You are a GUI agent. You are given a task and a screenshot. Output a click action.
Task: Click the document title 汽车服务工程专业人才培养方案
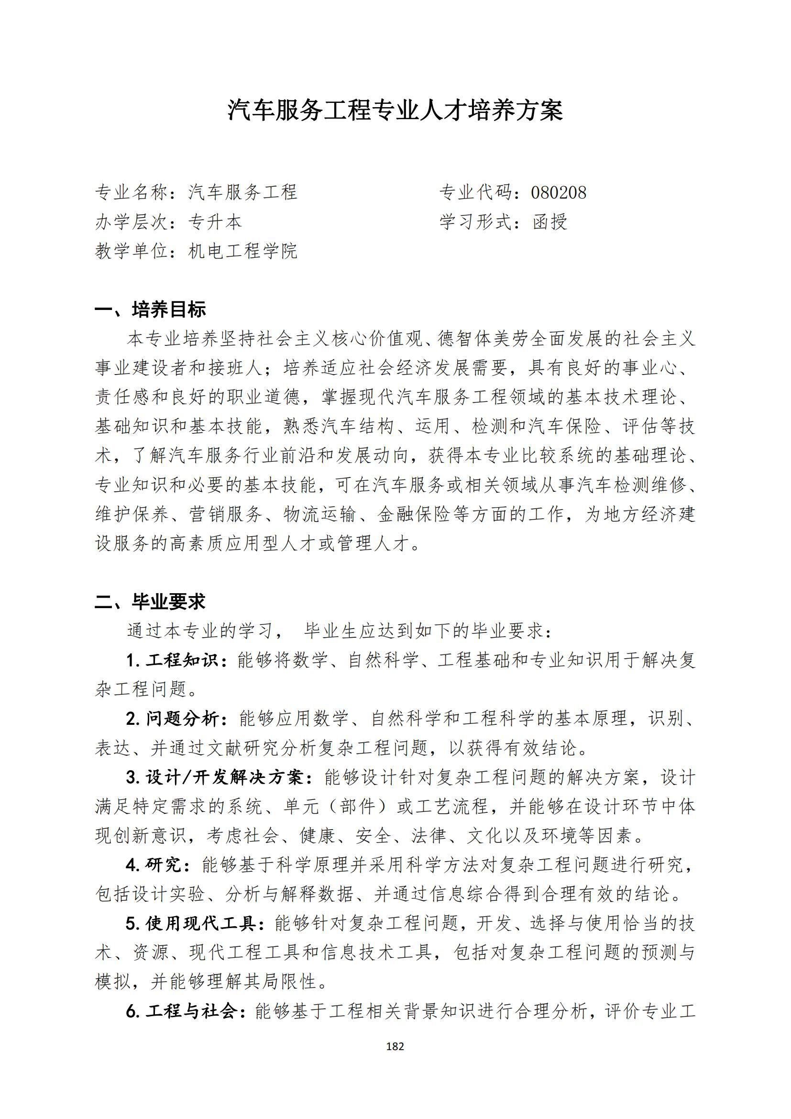click(x=395, y=111)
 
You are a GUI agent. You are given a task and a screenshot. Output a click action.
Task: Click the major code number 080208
click(x=558, y=192)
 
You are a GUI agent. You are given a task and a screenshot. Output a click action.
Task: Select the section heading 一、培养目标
click(x=150, y=310)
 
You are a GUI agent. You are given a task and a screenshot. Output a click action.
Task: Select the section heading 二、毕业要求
click(x=150, y=601)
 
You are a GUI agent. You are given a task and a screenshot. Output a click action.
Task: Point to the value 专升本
click(x=215, y=222)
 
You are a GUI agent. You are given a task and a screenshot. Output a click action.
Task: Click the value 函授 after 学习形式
click(x=550, y=222)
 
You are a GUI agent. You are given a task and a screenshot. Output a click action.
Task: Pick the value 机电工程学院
click(x=242, y=252)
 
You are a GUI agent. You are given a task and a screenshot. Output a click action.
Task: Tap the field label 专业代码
click(x=475, y=192)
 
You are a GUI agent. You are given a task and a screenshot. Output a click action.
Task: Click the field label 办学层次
click(x=132, y=222)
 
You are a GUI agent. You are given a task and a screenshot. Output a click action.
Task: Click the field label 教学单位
click(x=132, y=252)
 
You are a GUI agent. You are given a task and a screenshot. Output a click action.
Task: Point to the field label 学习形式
click(x=475, y=222)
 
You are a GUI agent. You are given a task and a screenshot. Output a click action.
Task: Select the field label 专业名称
click(x=132, y=192)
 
